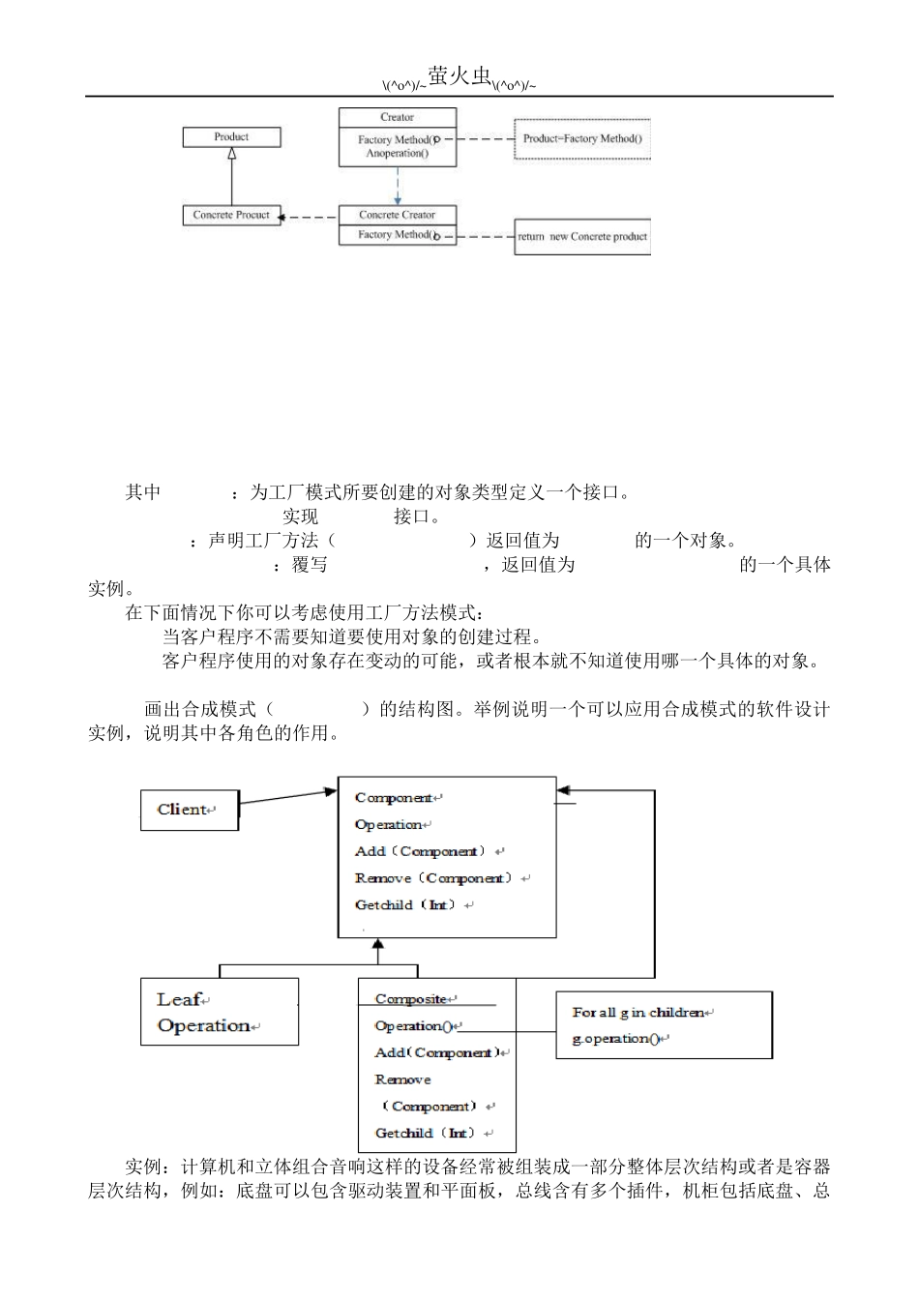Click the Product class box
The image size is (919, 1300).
[x=231, y=137]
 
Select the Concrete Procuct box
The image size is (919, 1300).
[x=231, y=215]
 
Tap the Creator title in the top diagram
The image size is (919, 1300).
[x=397, y=117]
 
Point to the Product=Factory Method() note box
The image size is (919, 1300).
[x=581, y=138]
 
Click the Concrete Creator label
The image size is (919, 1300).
[x=397, y=215]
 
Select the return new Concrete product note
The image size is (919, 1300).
[x=582, y=236]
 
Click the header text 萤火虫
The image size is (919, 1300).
[x=459, y=77]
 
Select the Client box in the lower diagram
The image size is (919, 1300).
[x=190, y=810]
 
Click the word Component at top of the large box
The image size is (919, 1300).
[x=394, y=798]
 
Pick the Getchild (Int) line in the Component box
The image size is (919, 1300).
[x=409, y=905]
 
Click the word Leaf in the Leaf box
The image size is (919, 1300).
[x=179, y=1000]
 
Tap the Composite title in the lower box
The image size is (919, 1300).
[x=411, y=999]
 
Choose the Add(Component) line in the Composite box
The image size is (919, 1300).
[x=437, y=1052]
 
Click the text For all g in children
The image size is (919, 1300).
[x=638, y=1013]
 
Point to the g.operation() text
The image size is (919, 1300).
[x=615, y=1039]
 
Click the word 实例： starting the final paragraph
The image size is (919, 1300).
[x=153, y=1167]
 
